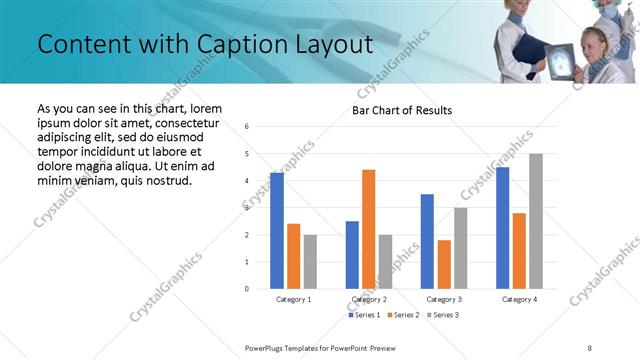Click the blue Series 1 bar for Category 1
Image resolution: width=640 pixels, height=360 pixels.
[x=277, y=231]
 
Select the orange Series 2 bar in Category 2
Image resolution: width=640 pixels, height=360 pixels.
[x=368, y=229]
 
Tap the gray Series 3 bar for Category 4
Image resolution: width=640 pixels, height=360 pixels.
[x=536, y=221]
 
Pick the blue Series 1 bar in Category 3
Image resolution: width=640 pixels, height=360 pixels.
[x=427, y=241]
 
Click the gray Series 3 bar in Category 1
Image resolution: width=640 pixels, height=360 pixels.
[x=310, y=262]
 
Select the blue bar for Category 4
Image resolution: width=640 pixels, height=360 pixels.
[x=502, y=228]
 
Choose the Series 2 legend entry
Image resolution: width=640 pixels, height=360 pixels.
[x=402, y=315]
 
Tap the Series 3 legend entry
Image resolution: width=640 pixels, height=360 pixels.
[x=443, y=315]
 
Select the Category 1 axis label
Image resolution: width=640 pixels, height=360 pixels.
[x=294, y=299]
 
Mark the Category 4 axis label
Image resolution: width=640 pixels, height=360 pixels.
[x=519, y=299]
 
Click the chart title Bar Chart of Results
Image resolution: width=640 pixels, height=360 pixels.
[x=402, y=110]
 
